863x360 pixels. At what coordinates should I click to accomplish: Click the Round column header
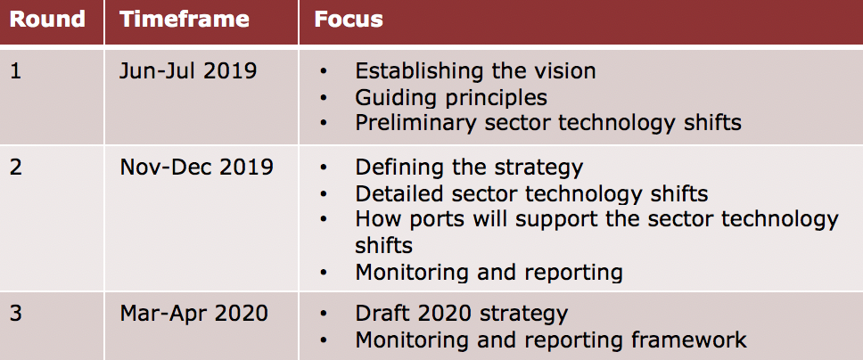click(x=47, y=20)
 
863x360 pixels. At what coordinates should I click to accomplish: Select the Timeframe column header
click(x=185, y=20)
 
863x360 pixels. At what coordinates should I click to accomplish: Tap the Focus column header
click(x=349, y=20)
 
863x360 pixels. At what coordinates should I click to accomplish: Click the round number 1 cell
click(x=15, y=71)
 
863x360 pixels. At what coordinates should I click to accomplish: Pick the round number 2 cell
click(x=16, y=167)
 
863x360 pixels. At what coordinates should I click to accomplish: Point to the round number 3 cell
click(x=16, y=313)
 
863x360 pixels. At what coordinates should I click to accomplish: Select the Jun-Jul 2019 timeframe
click(x=188, y=71)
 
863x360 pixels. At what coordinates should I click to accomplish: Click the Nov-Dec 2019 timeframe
click(x=196, y=167)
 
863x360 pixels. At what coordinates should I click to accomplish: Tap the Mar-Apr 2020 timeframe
click(x=193, y=314)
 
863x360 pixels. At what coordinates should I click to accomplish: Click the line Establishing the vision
click(x=475, y=71)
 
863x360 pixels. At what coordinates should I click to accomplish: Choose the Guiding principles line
click(x=451, y=98)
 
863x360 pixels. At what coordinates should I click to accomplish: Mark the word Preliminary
click(x=415, y=123)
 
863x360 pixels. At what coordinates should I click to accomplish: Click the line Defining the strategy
click(x=469, y=167)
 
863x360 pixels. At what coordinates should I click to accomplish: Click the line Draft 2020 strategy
click(x=461, y=314)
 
